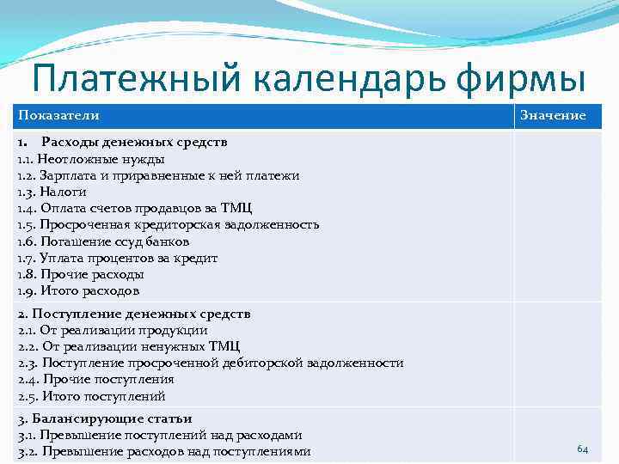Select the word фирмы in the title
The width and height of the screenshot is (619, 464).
point(516,80)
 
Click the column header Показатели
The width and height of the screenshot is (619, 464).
point(58,115)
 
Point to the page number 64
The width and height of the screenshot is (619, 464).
point(582,449)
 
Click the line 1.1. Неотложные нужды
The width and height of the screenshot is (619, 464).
point(91,159)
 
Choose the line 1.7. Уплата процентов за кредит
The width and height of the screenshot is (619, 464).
point(118,258)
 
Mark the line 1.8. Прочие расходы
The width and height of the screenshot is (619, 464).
point(81,274)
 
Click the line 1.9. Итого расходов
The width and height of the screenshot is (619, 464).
point(78,290)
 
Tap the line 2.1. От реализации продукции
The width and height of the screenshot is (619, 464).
point(113,330)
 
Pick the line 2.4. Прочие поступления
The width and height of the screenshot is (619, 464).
point(96,379)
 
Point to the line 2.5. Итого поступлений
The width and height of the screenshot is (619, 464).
point(92,396)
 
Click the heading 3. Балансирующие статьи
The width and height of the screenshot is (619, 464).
point(106,418)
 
